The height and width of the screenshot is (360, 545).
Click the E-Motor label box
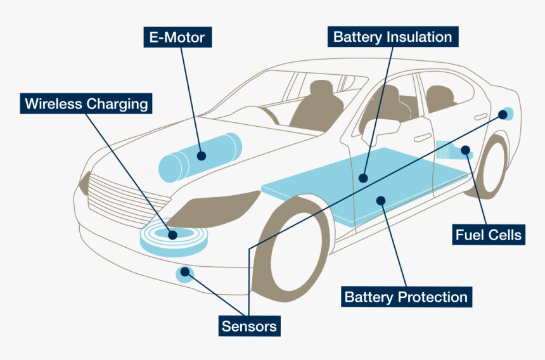177,37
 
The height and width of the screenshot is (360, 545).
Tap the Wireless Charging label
86,103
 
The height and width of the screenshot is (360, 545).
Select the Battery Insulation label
393,37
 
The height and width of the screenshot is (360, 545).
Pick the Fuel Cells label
489,235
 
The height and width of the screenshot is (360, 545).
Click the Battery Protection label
406,297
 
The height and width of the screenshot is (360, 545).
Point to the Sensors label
249,326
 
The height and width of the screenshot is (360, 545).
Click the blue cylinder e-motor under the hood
200,156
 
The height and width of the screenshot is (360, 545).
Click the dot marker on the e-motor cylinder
202,155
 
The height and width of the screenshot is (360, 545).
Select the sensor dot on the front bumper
185,274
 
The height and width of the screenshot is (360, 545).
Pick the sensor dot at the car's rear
504,114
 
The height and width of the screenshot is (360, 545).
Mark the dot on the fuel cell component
466,150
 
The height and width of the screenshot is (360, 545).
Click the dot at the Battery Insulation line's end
362,178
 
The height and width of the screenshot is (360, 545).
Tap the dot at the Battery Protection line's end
381,201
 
